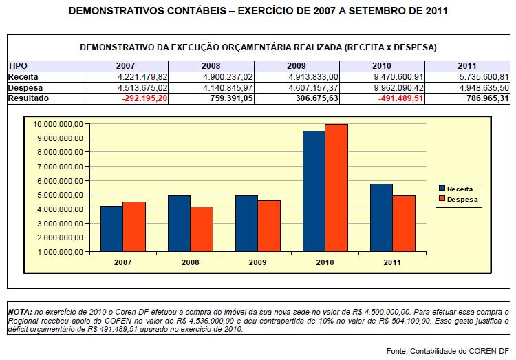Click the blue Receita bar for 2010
[314, 191]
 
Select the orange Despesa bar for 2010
[336, 187]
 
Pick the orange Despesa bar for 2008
[202, 229]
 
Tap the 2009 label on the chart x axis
[258, 262]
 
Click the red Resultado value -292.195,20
[144, 98]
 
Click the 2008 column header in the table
[212, 65]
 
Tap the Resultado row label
[28, 98]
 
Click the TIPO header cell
[18, 65]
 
